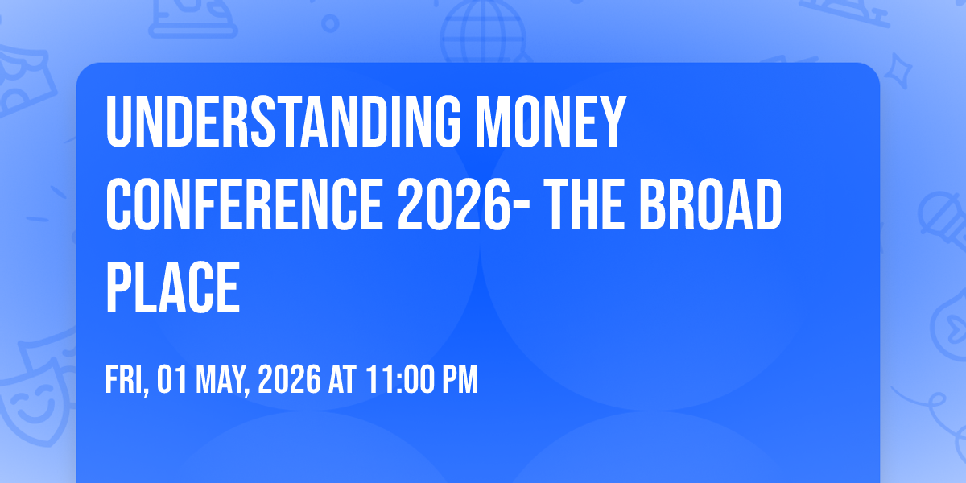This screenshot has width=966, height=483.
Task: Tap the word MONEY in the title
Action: click(x=551, y=122)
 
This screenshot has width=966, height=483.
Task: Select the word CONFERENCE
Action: click(x=244, y=204)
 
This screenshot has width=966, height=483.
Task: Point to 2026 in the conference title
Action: click(x=454, y=204)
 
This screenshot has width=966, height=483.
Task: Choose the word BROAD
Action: click(x=710, y=204)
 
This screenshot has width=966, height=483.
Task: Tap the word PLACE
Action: click(x=172, y=287)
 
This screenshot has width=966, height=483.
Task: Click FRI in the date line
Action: click(x=126, y=380)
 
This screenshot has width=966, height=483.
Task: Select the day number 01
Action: click(x=172, y=379)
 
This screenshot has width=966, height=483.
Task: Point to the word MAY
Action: click(x=223, y=380)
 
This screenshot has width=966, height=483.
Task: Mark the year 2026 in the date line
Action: click(x=289, y=379)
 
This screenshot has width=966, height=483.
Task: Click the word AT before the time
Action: click(x=342, y=379)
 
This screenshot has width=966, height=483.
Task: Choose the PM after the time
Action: click(x=460, y=379)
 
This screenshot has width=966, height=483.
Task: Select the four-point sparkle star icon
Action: click(x=898, y=71)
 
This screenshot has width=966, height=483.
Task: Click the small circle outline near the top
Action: click(x=330, y=23)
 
